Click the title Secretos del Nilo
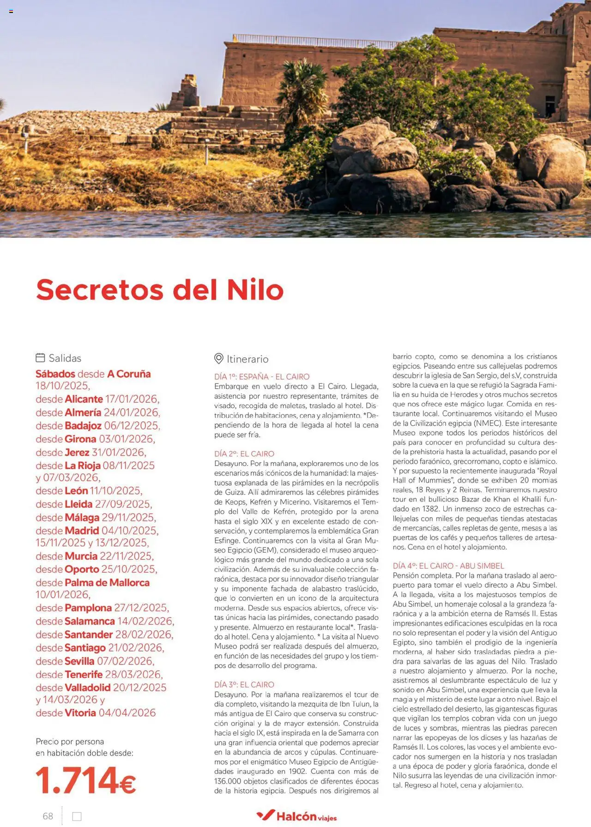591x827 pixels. tap(160, 290)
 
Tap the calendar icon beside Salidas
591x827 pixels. tap(41, 358)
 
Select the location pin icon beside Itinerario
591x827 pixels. tap(219, 359)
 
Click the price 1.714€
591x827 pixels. tap(86, 781)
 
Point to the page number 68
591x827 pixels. tap(48, 816)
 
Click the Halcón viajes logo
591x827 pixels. tap(297, 816)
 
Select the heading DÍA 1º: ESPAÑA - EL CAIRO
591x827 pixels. tap(262, 377)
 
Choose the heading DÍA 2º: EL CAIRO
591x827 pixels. tap(244, 454)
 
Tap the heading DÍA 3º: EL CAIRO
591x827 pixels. tap(244, 684)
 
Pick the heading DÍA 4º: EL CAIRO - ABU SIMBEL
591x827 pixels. tap(448, 566)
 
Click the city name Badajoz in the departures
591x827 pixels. tap(83, 426)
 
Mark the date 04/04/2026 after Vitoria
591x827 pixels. tap(127, 713)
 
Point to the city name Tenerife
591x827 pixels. tap(84, 675)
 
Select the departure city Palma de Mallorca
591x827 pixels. tap(107, 583)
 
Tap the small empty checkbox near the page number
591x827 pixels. tap(77, 816)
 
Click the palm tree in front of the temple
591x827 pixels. tap(302, 92)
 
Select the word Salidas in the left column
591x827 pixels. tap(65, 358)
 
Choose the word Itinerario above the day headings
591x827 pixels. tap(247, 359)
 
